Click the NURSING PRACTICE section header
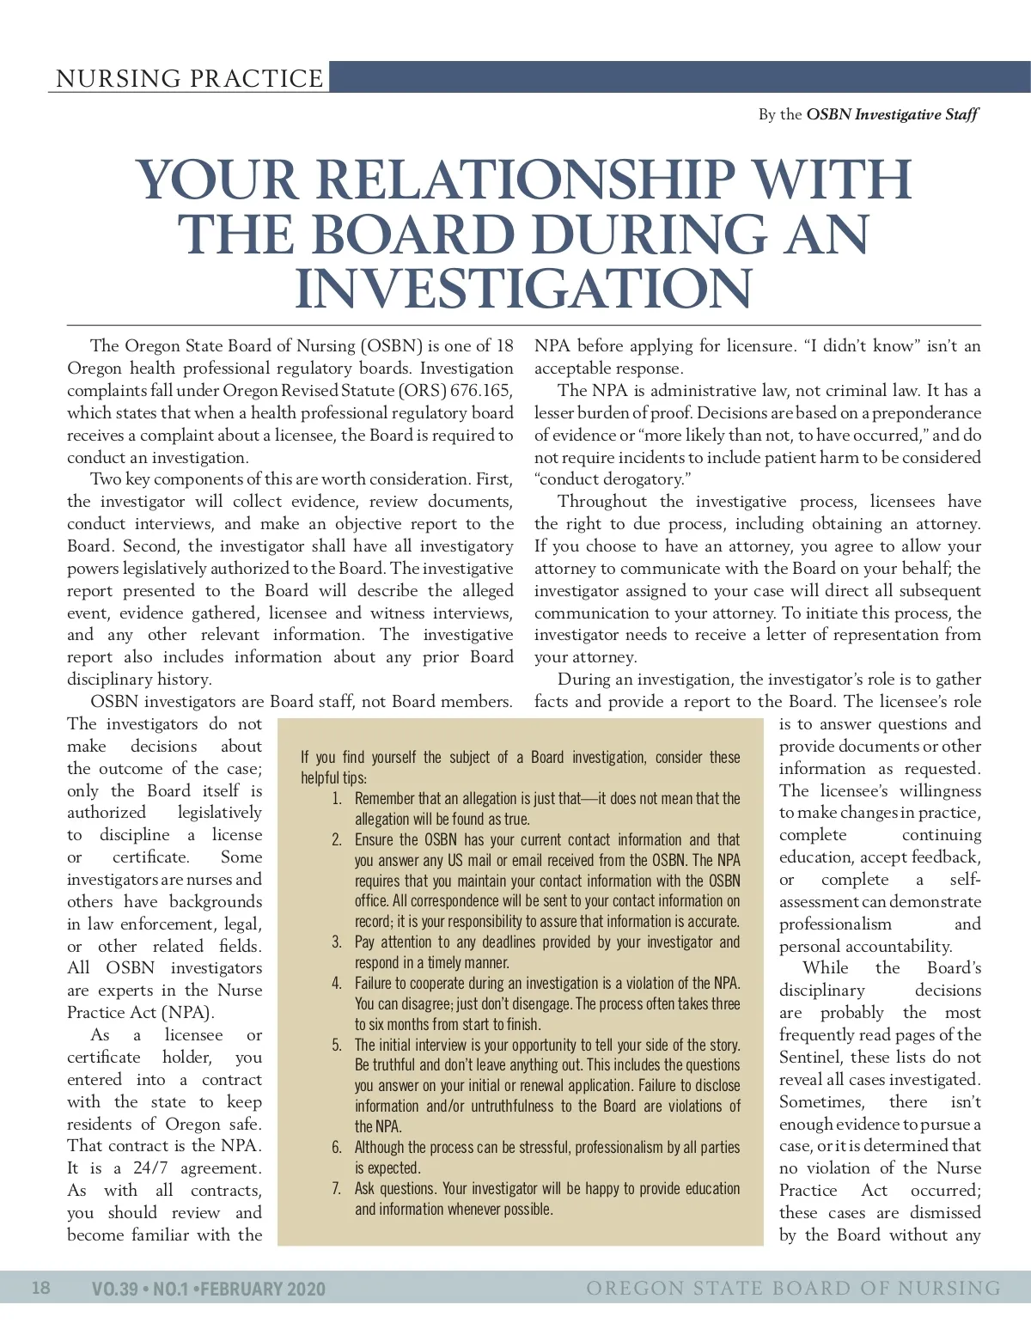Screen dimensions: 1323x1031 pyautogui.click(x=189, y=78)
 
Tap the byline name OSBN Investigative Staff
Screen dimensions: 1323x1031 pyautogui.click(x=892, y=114)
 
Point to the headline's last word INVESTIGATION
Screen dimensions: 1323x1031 pyautogui.click(x=523, y=289)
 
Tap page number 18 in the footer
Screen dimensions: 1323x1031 pyautogui.click(x=41, y=1287)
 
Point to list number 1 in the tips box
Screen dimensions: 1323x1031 pyautogui.click(x=337, y=799)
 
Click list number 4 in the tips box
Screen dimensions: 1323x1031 pyautogui.click(x=337, y=984)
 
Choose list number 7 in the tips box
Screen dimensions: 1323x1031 pyautogui.click(x=337, y=1189)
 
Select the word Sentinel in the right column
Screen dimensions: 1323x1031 pyautogui.click(x=812, y=1058)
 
